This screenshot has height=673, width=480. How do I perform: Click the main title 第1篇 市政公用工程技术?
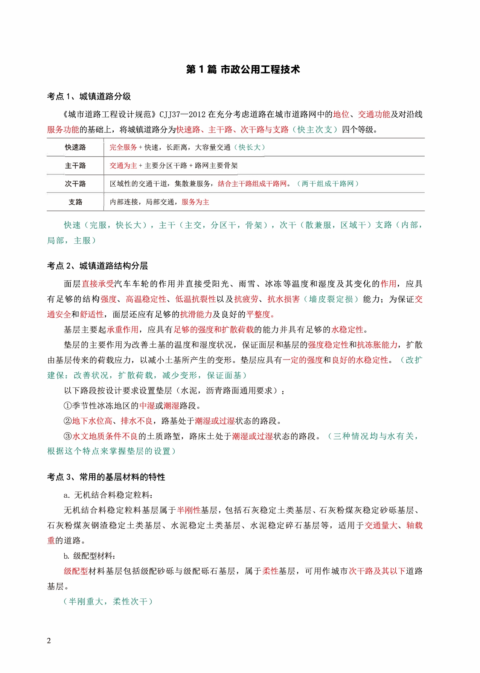[x=243, y=70]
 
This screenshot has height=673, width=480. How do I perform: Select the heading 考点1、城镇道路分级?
[x=89, y=97]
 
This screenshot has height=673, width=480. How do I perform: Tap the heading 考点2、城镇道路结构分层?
[x=97, y=266]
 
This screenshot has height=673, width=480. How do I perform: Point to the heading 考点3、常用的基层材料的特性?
[x=106, y=477]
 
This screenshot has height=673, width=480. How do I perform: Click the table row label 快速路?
[x=75, y=147]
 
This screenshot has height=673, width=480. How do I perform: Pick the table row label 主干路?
[x=75, y=166]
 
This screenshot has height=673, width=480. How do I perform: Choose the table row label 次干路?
[x=75, y=184]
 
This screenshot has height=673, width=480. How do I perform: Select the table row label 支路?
[x=75, y=202]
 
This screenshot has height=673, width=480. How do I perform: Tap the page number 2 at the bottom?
[x=49, y=641]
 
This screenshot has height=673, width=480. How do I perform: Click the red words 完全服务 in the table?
[x=123, y=147]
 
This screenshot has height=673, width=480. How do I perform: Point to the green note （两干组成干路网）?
[x=328, y=184]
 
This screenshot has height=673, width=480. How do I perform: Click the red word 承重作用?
[x=123, y=330]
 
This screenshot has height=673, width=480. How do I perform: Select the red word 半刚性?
[x=189, y=510]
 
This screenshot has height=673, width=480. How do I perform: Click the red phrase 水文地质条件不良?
[x=105, y=436]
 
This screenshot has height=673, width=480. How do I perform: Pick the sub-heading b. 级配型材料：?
[x=90, y=556]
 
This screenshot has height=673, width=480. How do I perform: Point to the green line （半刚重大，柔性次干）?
[x=108, y=602]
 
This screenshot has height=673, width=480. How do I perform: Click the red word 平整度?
[x=259, y=314]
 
